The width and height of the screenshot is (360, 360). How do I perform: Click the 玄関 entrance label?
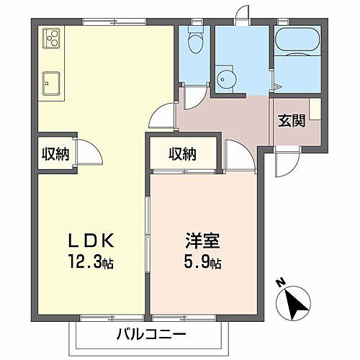[x=292, y=120]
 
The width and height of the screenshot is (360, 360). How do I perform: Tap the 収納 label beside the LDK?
[x=55, y=153]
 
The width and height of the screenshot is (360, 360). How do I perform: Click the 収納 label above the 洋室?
[x=183, y=153]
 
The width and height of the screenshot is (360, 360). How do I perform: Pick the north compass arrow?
[x=295, y=303]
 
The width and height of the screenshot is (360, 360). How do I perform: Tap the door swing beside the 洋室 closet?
[x=235, y=153]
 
